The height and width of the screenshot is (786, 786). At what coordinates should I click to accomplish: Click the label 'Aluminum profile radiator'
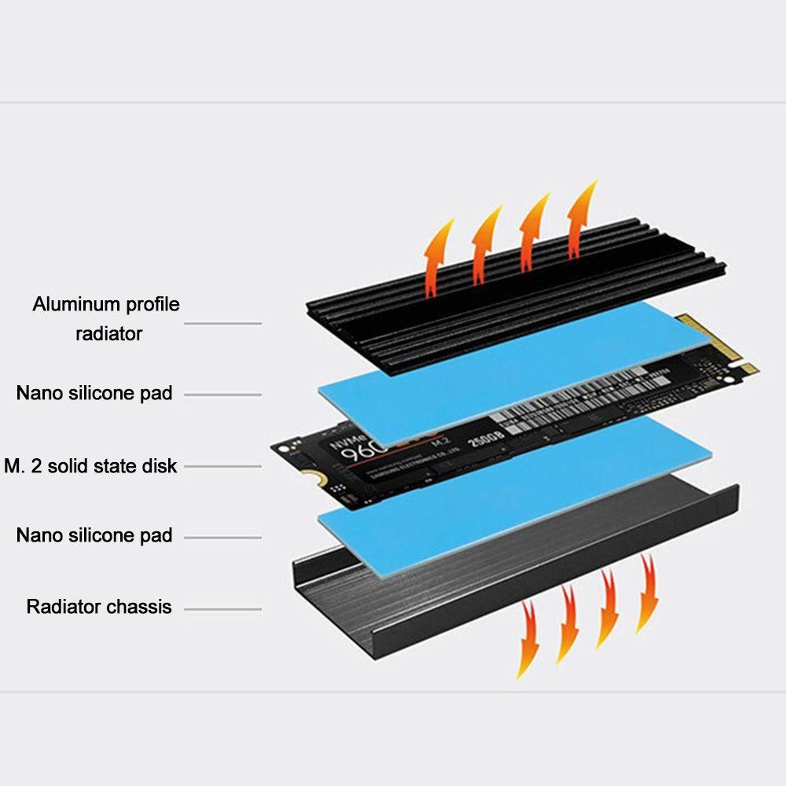click(105, 318)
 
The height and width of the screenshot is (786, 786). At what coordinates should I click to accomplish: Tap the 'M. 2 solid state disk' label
click(90, 466)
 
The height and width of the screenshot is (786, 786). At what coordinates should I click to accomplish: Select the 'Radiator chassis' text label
click(99, 607)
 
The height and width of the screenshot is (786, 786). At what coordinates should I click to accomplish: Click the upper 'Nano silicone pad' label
click(94, 392)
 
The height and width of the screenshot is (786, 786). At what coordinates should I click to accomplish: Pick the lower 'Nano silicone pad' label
click(94, 535)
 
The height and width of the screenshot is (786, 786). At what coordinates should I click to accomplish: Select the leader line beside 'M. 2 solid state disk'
click(222, 466)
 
